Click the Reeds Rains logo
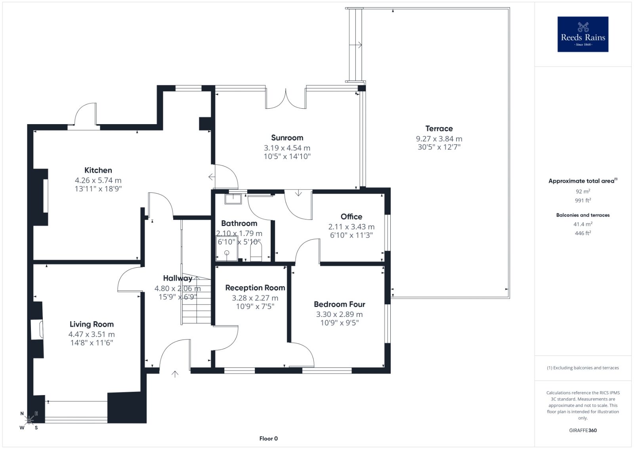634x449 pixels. pyautogui.click(x=583, y=34)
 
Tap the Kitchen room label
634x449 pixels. pyautogui.click(x=98, y=170)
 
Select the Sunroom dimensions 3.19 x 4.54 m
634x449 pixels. pyautogui.click(x=287, y=148)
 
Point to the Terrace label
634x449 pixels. pyautogui.click(x=439, y=129)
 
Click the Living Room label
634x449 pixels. pyautogui.click(x=92, y=324)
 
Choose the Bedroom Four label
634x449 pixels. pyautogui.click(x=339, y=304)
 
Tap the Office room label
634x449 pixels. pyautogui.click(x=351, y=217)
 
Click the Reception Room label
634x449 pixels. pyautogui.click(x=255, y=288)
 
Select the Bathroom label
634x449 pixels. pyautogui.click(x=239, y=223)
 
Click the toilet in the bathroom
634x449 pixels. pyautogui.click(x=256, y=251)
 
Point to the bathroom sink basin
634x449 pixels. pyautogui.click(x=233, y=199)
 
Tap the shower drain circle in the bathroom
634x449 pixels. pyautogui.click(x=227, y=252)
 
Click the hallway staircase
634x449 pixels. pyautogui.click(x=196, y=300)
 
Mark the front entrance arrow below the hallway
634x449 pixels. pyautogui.click(x=175, y=374)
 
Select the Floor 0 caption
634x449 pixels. pyautogui.click(x=268, y=439)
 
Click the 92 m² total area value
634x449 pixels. pyautogui.click(x=583, y=191)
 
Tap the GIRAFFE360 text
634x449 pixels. pyautogui.click(x=583, y=430)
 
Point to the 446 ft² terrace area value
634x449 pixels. pyautogui.click(x=583, y=233)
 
